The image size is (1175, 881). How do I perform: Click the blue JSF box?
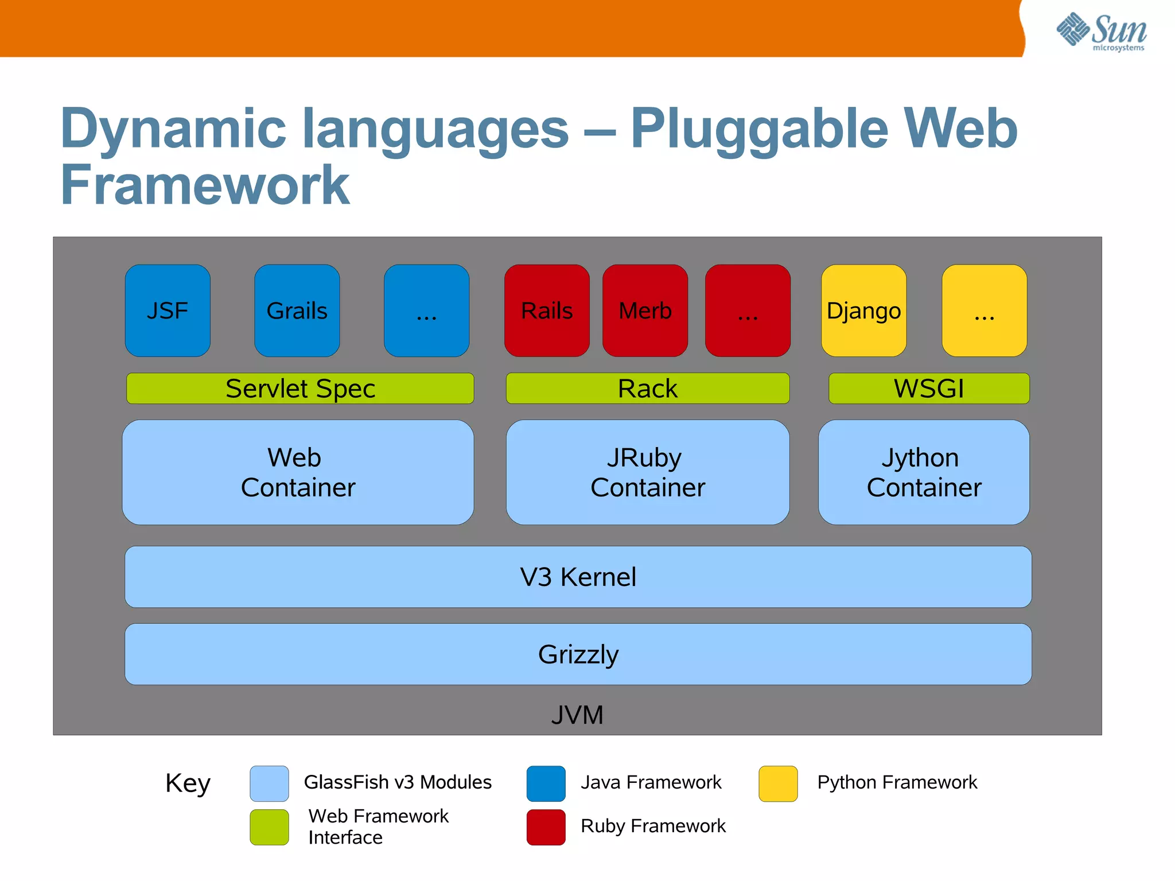pos(168,311)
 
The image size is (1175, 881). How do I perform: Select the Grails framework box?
pos(297,311)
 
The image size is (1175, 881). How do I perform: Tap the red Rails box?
pos(547,311)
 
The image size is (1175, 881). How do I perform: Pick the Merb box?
pos(645,311)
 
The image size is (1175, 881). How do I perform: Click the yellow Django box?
pos(863,311)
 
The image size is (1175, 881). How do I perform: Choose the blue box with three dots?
pos(426,311)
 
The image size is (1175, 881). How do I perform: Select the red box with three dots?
pos(748,311)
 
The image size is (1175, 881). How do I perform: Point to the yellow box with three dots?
pos(984,311)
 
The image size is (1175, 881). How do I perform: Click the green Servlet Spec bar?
pos(300,389)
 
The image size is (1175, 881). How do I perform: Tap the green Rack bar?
pos(647,389)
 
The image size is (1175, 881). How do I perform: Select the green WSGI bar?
pos(928,389)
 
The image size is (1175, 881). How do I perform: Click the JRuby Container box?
pos(647,472)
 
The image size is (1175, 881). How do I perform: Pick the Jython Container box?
pos(924,472)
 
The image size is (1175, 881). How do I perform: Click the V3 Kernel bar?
pos(578,577)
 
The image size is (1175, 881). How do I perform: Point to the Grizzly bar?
pos(578,654)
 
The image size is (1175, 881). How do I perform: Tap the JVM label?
pos(577,715)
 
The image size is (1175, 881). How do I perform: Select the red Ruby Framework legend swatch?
pos(546,827)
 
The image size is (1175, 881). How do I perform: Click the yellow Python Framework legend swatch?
pos(778,783)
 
